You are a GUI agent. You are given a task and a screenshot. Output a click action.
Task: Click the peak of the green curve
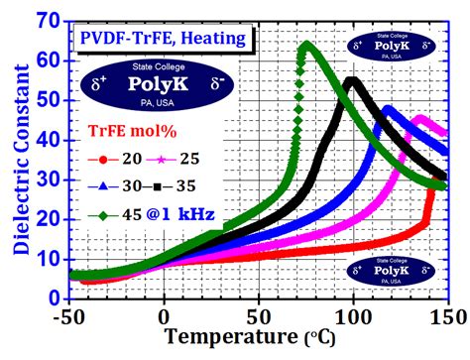(x=306, y=45)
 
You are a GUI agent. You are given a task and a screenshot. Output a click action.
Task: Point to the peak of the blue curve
(x=388, y=108)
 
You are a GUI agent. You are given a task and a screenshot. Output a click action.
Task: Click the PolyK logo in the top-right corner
(x=394, y=46)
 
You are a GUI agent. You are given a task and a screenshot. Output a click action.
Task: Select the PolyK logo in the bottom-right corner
(x=394, y=271)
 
